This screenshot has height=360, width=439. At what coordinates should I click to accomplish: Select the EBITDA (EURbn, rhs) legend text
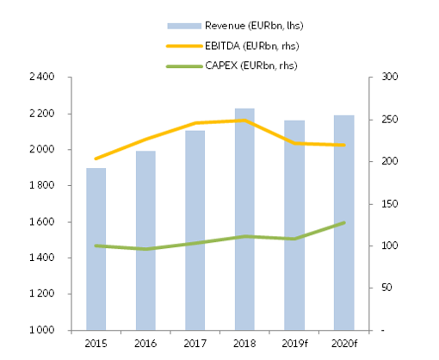click(x=242, y=44)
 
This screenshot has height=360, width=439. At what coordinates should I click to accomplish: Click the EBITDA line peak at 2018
click(x=244, y=121)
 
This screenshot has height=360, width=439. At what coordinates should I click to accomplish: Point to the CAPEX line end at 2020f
click(x=344, y=222)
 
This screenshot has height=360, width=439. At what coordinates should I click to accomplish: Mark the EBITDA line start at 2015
click(x=96, y=158)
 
